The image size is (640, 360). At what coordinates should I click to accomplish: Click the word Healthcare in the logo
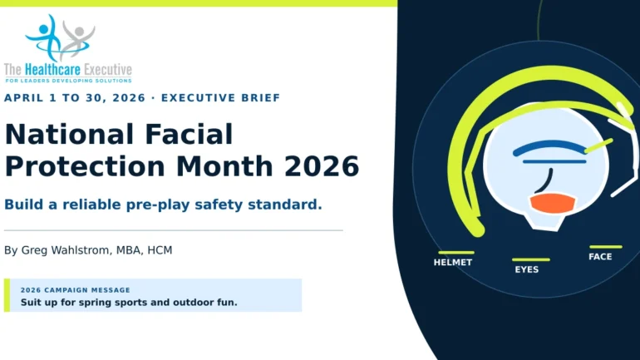point(52,70)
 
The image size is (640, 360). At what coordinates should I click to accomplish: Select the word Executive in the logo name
point(108,70)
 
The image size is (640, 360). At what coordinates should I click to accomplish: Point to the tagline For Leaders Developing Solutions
point(68,81)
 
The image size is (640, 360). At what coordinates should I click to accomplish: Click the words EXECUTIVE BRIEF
point(221,98)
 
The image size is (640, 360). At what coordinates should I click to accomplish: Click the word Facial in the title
point(189,135)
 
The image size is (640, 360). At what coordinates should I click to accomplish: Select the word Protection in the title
point(85,166)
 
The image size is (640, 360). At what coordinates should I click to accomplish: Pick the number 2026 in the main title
point(322,166)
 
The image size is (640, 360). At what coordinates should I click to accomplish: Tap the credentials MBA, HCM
point(144,250)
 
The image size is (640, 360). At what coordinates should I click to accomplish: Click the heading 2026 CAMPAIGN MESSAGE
point(76,290)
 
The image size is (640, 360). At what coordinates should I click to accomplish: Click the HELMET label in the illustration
point(453,263)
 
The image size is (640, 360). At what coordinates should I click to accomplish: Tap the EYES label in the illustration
point(526,269)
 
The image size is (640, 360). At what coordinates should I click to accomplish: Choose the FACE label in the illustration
point(600,257)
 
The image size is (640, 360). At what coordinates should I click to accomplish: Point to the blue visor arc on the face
point(549,145)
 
